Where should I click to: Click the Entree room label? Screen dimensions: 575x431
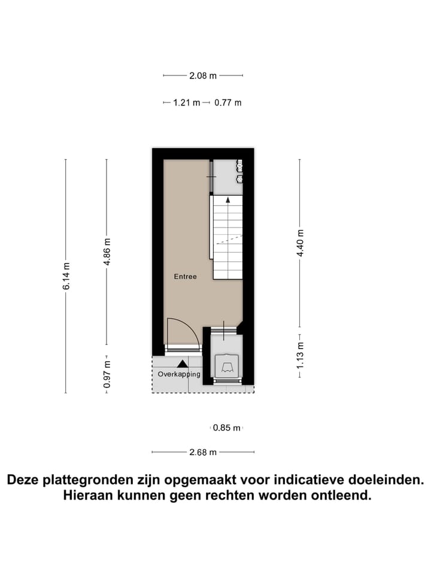[x=185, y=277]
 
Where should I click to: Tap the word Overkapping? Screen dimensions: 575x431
[x=179, y=374]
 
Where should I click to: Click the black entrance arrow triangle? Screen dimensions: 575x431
[x=182, y=362]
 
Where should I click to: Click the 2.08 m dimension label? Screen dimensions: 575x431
[x=203, y=75]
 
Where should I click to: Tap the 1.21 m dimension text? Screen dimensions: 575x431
[x=186, y=102]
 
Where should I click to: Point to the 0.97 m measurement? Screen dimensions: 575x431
[x=107, y=373]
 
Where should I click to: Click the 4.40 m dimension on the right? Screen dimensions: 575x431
[x=301, y=243]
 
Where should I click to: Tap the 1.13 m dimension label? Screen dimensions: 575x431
[x=301, y=357]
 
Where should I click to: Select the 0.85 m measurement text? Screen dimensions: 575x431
[x=227, y=428]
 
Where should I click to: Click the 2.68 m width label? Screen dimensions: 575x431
[x=203, y=452]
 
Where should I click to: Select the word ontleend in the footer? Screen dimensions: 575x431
[x=344, y=496]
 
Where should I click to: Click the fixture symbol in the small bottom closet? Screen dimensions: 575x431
[x=227, y=365]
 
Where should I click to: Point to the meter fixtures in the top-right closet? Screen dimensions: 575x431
[x=238, y=171]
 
